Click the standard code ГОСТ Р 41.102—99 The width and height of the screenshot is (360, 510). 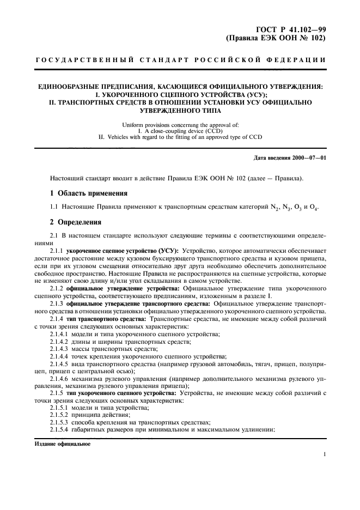[x=292, y=30]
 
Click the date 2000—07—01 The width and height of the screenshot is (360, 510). [x=307, y=158]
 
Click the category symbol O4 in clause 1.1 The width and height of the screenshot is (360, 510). [x=313, y=208]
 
